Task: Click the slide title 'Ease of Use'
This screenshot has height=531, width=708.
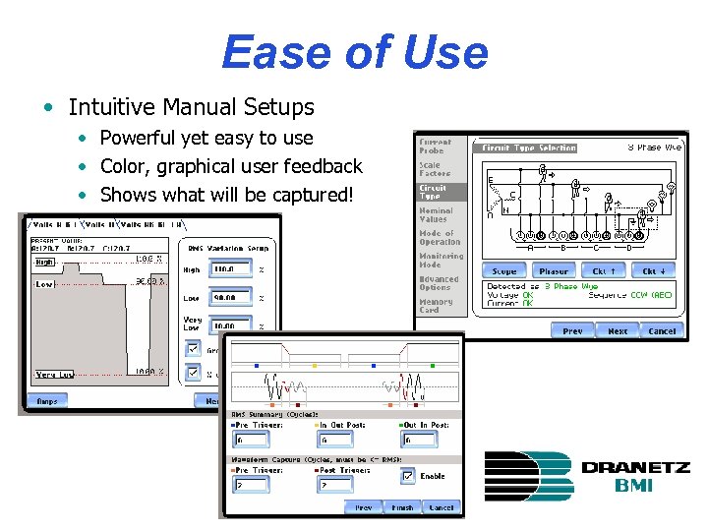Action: (x=354, y=51)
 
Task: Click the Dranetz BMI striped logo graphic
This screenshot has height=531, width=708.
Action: (x=529, y=476)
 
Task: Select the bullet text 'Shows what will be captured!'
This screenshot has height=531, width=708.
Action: (x=225, y=195)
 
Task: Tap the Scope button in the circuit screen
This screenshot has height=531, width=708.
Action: (x=503, y=270)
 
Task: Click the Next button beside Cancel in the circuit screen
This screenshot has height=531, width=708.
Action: (x=617, y=331)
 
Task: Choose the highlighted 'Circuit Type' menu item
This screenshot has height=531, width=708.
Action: (x=434, y=191)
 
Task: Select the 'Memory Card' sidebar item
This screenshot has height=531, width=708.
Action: (x=435, y=306)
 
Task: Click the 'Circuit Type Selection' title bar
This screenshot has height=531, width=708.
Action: (x=528, y=147)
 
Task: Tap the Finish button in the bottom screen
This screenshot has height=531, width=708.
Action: (x=401, y=507)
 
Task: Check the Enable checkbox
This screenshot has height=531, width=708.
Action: (x=407, y=476)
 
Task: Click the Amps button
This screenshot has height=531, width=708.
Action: (x=47, y=401)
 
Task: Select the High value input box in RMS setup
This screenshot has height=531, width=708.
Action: (x=229, y=267)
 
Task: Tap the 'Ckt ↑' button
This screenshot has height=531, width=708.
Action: (x=603, y=270)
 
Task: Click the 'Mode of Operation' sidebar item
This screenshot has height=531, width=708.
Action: (x=439, y=237)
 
